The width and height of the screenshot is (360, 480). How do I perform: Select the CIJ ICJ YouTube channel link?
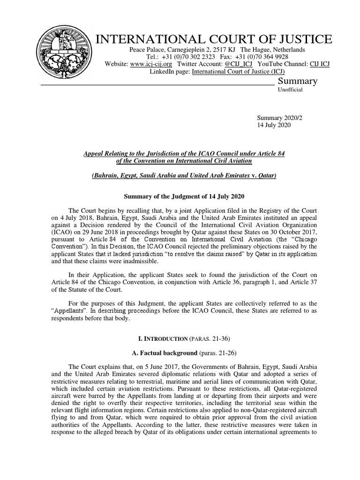click(320, 64)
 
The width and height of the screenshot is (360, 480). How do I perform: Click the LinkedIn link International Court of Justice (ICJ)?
click(239, 72)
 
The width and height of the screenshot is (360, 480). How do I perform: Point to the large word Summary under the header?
click(298, 81)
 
